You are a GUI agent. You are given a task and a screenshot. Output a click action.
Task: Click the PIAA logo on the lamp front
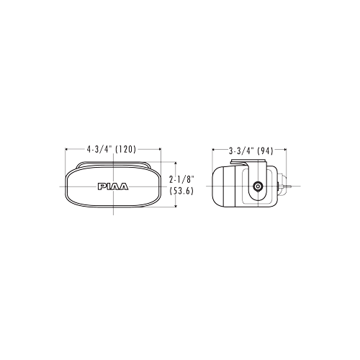(x=113, y=186)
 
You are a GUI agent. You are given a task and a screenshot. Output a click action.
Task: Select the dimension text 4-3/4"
(x=99, y=149)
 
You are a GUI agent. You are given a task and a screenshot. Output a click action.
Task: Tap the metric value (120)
(x=126, y=149)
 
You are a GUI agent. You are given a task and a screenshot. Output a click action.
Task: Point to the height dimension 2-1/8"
(x=181, y=179)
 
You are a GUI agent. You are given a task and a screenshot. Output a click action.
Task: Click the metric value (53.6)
(x=181, y=191)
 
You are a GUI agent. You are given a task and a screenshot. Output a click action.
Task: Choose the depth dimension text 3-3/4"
(x=241, y=151)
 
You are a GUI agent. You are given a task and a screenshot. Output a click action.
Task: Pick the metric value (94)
(x=265, y=151)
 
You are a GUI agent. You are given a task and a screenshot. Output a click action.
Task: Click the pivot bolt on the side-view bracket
(x=258, y=186)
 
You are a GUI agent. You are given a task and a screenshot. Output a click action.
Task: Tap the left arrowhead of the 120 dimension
(x=67, y=149)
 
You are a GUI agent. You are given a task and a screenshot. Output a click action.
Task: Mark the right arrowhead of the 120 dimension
(x=159, y=149)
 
